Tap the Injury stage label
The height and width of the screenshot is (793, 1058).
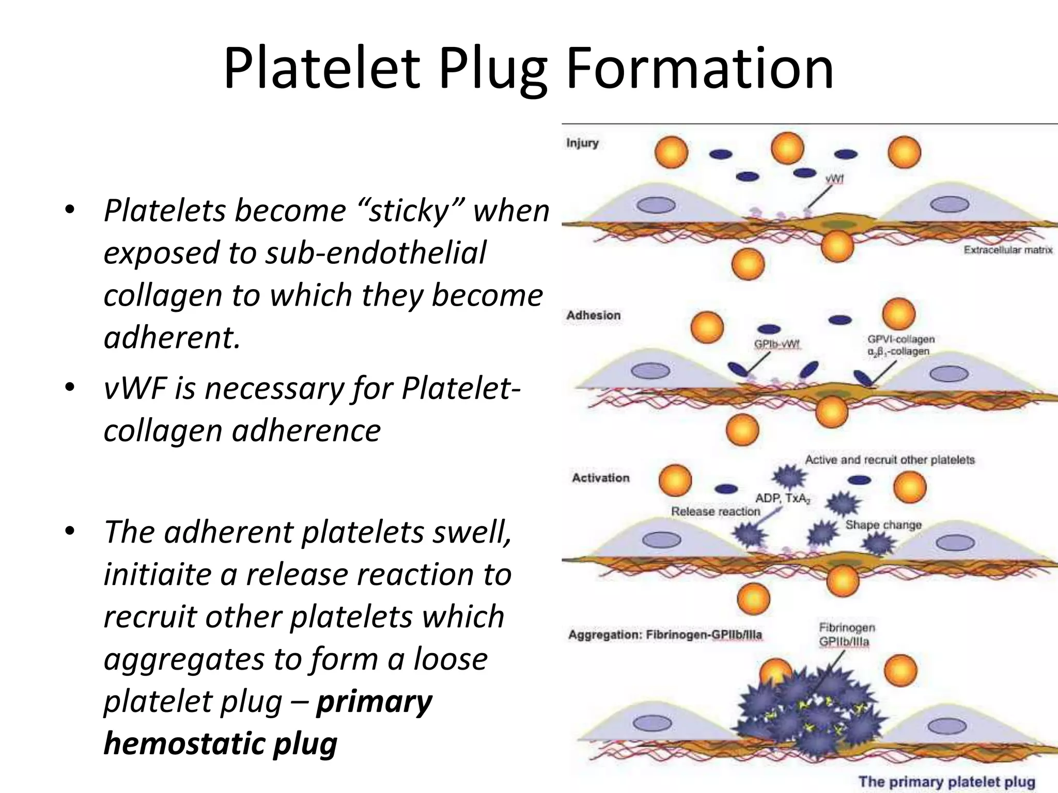582,143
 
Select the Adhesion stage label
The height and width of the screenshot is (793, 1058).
593,315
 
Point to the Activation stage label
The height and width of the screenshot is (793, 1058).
600,478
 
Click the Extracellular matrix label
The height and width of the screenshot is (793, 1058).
1008,250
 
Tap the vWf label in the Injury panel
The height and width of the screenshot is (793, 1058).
834,179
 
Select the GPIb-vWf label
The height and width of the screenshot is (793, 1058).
777,344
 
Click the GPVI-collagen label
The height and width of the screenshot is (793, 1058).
901,339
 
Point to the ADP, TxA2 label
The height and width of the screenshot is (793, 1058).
783,498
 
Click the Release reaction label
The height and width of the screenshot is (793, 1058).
715,511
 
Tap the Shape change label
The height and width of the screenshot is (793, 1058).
883,525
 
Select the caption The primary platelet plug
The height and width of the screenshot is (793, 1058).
947,781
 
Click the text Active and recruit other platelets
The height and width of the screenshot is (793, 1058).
890,459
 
